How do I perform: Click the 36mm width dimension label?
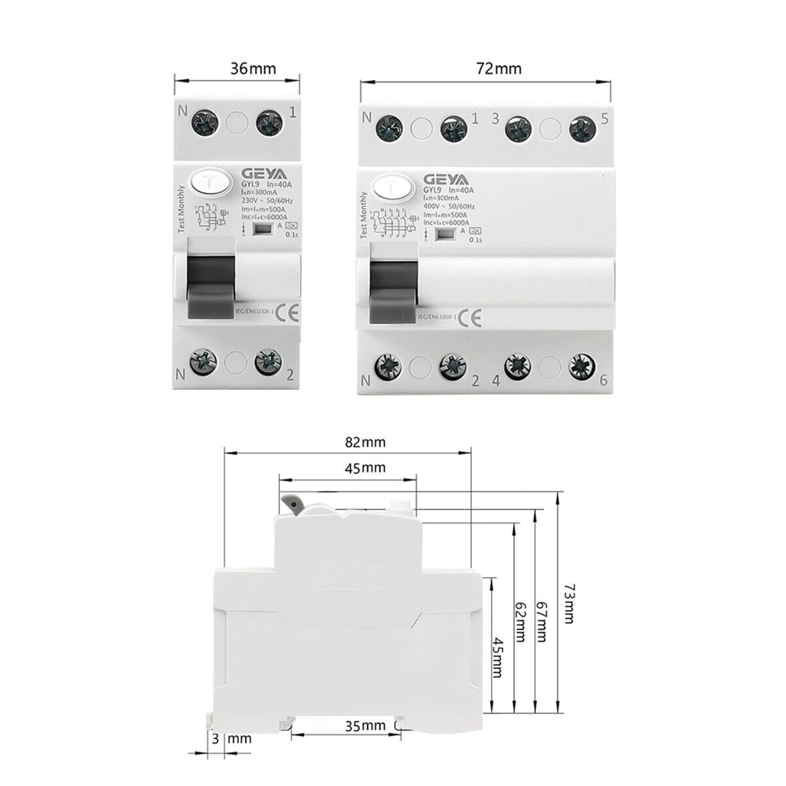pyautogui.click(x=253, y=68)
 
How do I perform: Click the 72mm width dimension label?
pyautogui.click(x=499, y=68)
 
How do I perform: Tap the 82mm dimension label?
pyautogui.click(x=365, y=442)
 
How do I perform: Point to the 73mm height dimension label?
pyautogui.click(x=568, y=604)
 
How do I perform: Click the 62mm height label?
pyautogui.click(x=520, y=621)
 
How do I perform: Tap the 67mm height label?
pyautogui.click(x=541, y=621)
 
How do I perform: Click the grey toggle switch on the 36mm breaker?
pyautogui.click(x=211, y=278)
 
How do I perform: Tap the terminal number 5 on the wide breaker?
pyautogui.click(x=604, y=118)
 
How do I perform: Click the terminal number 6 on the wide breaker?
pyautogui.click(x=604, y=380)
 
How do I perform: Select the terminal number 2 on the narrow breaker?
pyautogui.click(x=290, y=375)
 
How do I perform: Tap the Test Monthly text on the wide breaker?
pyautogui.click(x=364, y=215)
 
